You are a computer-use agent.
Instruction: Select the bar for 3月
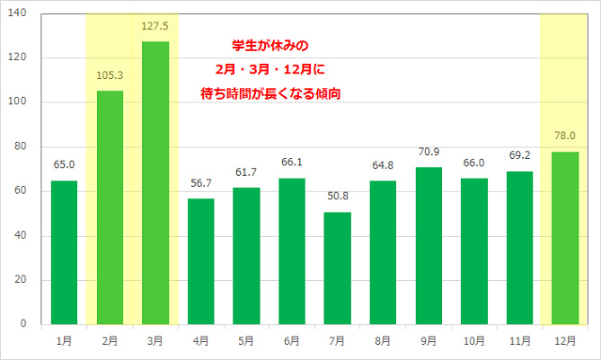[x=155, y=183]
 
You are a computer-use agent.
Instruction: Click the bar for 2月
[x=110, y=207]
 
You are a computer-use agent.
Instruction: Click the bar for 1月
[x=64, y=252]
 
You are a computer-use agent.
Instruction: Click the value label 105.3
[x=110, y=75]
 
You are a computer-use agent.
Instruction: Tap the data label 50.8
[x=338, y=196]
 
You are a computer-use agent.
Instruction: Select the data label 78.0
[x=565, y=135]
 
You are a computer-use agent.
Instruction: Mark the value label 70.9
[x=429, y=151]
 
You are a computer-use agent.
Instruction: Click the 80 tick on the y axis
[x=22, y=146]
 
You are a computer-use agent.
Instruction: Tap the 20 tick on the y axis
[x=22, y=280]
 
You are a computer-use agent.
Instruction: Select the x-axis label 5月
[x=246, y=341]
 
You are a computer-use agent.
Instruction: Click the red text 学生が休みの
[x=269, y=45]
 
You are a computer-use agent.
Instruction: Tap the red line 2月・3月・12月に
[x=269, y=68]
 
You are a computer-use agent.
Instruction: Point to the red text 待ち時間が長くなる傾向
[x=269, y=92]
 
